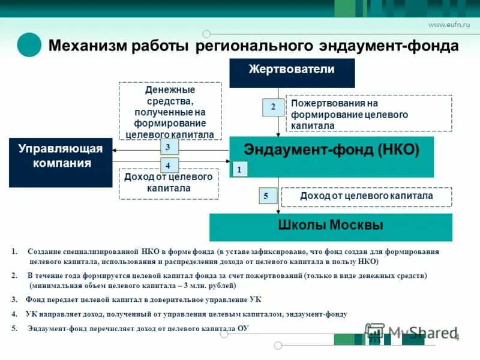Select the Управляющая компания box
[61, 162]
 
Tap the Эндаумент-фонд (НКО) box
[331, 157]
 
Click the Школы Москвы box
[331, 227]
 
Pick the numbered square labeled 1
[239, 170]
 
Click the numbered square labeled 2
[273, 107]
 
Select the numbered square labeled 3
[168, 147]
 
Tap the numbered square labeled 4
[168, 165]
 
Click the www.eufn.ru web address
[449, 25]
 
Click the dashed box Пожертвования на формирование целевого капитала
[368, 113]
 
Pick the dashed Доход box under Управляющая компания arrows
[169, 184]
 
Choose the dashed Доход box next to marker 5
[367, 196]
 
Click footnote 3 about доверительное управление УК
[138, 299]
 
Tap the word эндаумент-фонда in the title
[397, 46]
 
